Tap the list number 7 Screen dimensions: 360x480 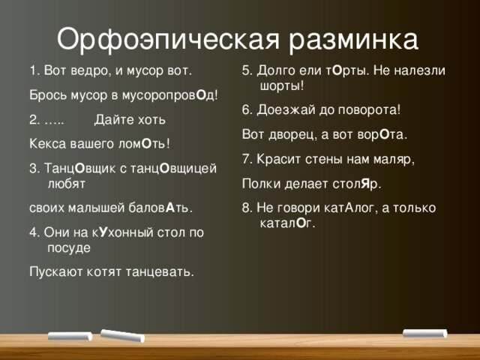coord(247,159)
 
